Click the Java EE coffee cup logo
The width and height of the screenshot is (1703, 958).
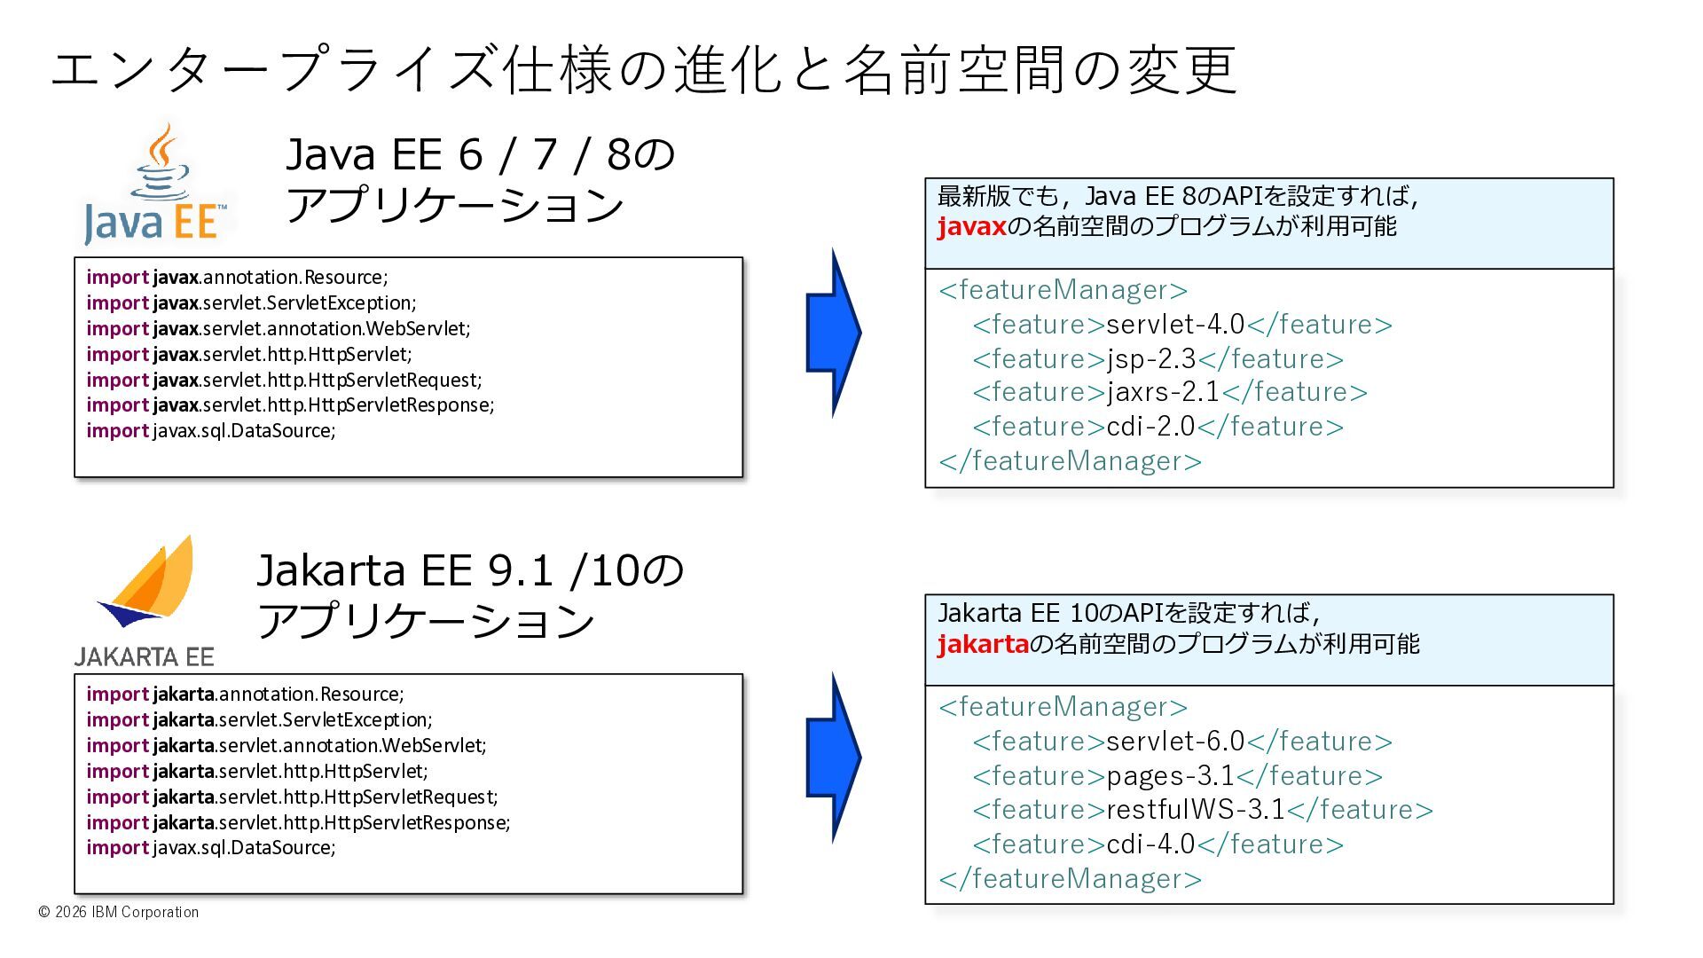click(158, 186)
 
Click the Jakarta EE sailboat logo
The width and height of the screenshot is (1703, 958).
click(146, 585)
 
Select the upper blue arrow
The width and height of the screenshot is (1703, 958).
click(833, 333)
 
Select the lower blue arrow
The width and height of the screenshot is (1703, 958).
click(833, 758)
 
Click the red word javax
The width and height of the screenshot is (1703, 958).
click(971, 227)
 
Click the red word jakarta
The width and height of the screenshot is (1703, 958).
click(983, 644)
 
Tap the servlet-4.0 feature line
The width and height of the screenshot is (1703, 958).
click(1181, 325)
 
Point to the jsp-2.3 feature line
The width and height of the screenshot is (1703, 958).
click(1158, 359)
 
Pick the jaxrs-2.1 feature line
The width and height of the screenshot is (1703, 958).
click(1169, 392)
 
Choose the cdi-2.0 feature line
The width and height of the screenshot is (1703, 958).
click(1158, 427)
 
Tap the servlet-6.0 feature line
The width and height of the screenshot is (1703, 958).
click(1181, 742)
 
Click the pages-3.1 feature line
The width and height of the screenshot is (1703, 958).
click(1177, 776)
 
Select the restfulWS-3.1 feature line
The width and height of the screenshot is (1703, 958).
click(1202, 810)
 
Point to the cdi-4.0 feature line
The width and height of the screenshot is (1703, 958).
click(1158, 844)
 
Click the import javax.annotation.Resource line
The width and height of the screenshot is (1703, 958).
click(237, 278)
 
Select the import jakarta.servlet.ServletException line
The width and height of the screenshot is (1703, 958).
click(259, 720)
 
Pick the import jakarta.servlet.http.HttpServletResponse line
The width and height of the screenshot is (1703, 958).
click(298, 823)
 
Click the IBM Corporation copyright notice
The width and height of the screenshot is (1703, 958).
click(119, 912)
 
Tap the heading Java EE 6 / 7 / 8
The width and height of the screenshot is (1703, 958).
click(479, 155)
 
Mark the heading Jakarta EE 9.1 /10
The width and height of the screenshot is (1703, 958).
click(470, 570)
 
